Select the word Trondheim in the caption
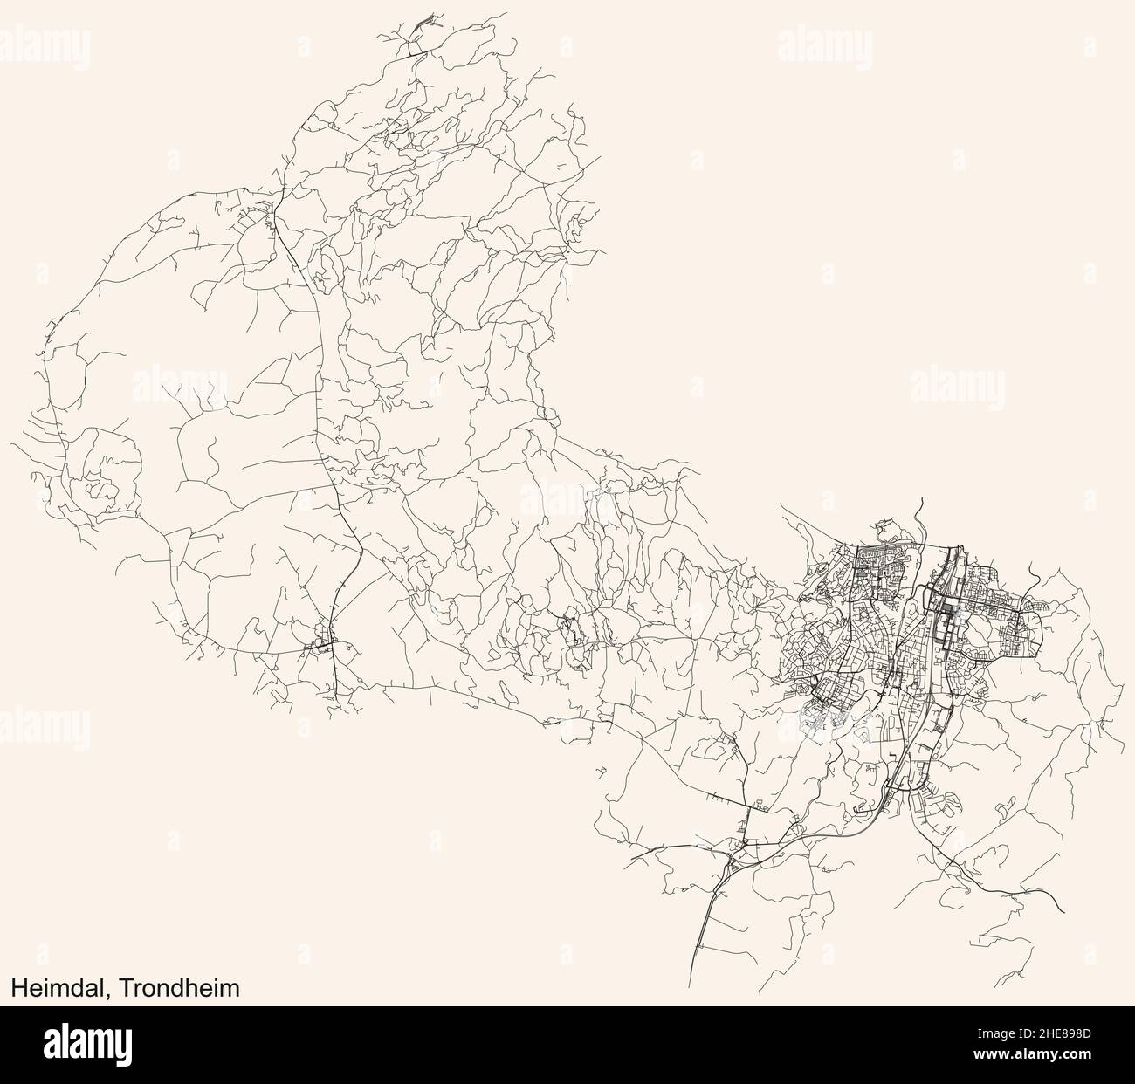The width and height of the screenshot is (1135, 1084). (x=180, y=986)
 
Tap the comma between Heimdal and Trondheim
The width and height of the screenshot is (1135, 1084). (x=114, y=992)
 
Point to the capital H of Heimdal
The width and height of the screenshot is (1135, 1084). (x=18, y=986)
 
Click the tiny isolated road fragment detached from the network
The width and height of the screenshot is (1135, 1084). (x=601, y=770)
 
